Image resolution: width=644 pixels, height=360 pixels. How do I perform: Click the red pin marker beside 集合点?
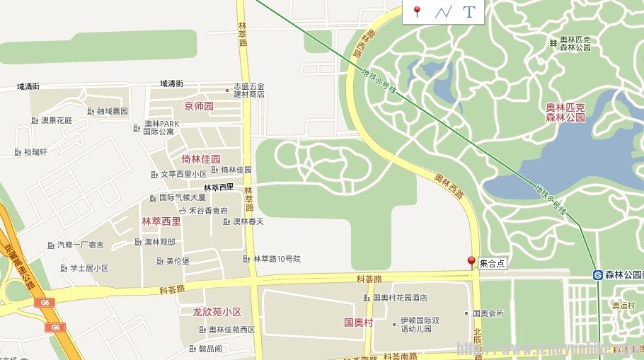[471, 262]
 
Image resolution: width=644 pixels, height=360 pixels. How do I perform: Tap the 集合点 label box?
[493, 264]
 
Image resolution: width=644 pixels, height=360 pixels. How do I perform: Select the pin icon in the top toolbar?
[417, 11]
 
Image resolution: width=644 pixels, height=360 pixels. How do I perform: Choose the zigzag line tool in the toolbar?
[443, 11]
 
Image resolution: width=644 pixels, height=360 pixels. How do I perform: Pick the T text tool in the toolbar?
[468, 11]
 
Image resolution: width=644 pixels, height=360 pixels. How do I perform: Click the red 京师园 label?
[198, 107]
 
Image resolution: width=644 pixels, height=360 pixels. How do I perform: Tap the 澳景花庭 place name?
[56, 120]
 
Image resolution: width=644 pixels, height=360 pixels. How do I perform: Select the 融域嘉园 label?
[112, 111]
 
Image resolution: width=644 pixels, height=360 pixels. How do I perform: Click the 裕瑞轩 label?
[35, 152]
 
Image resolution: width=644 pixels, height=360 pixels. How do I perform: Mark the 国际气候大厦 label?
[182, 198]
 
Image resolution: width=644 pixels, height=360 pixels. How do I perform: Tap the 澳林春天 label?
[248, 221]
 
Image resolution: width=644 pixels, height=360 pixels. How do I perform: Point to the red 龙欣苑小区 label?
[217, 312]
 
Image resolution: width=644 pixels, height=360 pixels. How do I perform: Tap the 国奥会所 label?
[488, 313]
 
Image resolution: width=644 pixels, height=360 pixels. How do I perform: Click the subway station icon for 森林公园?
[598, 274]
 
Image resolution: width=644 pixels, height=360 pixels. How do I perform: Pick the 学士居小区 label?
[88, 268]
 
